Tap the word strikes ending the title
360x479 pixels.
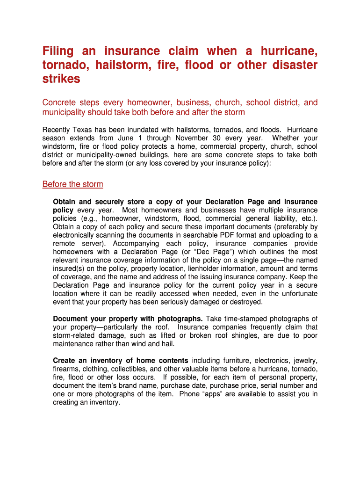tap(61, 79)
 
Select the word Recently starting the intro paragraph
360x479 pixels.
tap(57, 130)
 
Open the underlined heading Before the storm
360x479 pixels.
tap(72, 184)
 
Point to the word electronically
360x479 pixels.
tap(75, 235)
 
